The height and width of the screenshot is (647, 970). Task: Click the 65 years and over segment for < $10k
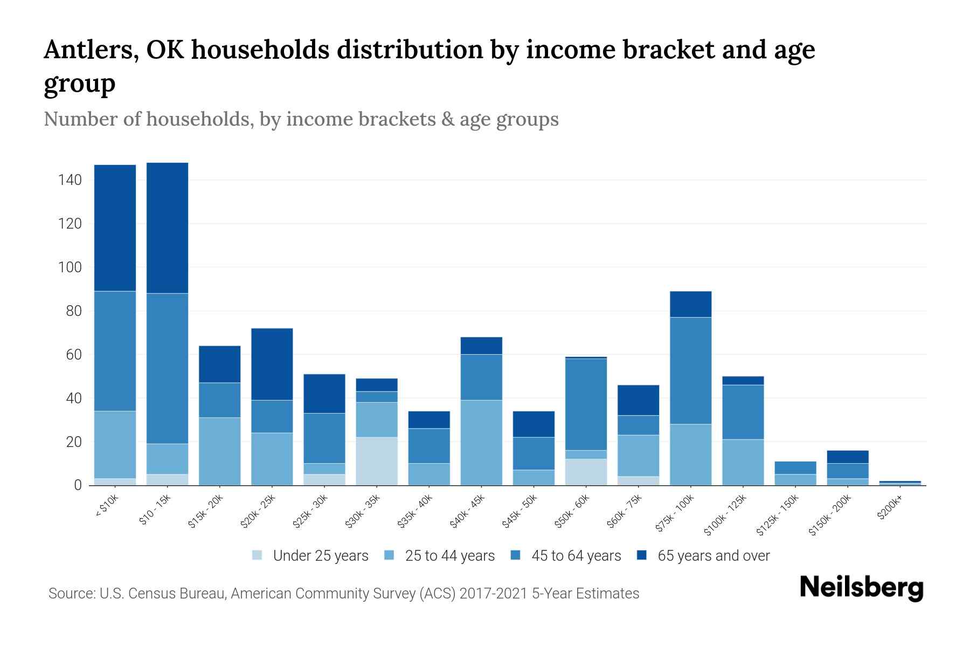115,228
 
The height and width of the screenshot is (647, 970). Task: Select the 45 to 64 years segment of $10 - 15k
167,368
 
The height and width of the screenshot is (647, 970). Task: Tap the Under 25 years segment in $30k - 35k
377,461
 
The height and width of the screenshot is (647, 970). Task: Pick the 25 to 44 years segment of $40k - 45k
481,442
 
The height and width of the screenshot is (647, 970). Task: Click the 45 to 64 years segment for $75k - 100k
690,370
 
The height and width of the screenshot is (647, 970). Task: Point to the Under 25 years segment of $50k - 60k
586,472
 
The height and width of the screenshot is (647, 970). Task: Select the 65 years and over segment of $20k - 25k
272,364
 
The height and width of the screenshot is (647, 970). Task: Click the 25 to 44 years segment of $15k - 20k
219,451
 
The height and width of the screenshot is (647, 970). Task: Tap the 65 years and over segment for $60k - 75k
638,400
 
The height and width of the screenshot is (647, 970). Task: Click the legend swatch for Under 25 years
258,555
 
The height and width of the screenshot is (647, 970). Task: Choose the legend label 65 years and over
713,555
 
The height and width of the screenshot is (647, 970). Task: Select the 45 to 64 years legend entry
576,555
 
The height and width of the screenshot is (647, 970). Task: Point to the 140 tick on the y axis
70,180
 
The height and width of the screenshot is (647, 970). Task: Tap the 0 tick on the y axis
78,485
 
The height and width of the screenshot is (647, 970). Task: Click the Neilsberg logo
861,588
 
